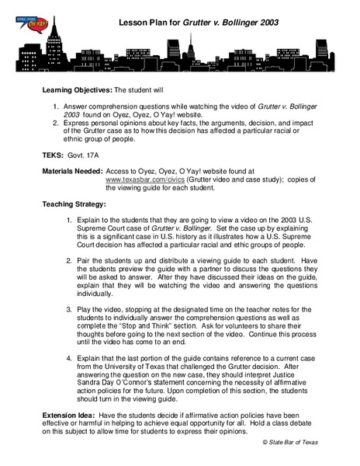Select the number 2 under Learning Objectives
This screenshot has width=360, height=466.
tap(56, 123)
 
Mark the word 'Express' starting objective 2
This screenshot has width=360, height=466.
tap(80, 123)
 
